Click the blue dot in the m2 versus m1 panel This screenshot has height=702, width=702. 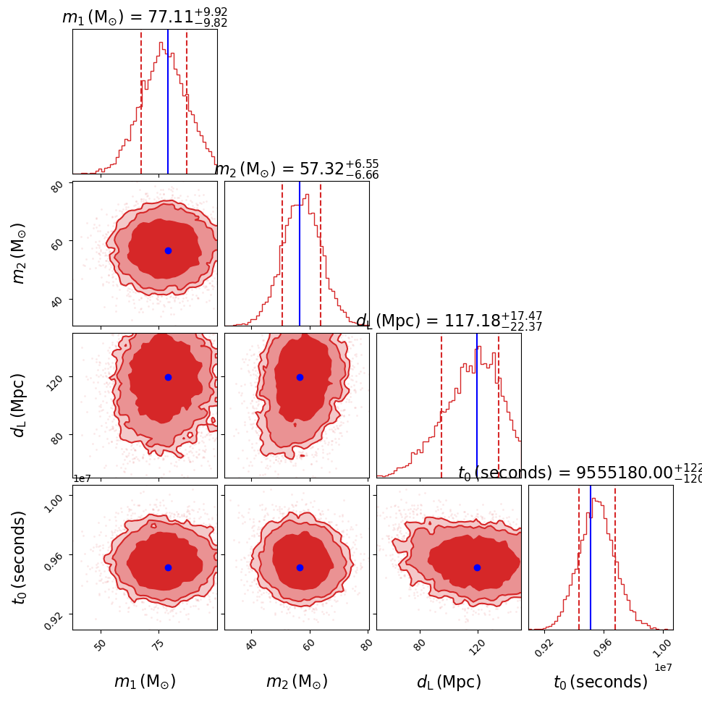[x=168, y=250]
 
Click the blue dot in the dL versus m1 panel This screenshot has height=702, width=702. [x=168, y=377]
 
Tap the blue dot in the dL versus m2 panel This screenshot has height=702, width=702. [x=300, y=377]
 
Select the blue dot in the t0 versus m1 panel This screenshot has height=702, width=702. [x=168, y=567]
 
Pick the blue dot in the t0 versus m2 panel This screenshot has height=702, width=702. [x=300, y=567]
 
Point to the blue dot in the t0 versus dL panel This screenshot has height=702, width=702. [x=477, y=567]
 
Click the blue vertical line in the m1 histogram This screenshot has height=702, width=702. [x=168, y=101]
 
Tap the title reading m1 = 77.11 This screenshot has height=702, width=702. [x=145, y=17]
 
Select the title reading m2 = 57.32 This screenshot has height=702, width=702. [x=297, y=169]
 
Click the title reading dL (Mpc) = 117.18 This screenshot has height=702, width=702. [x=449, y=321]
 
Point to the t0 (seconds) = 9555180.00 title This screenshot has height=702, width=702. [x=579, y=473]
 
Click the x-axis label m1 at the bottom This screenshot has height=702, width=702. [x=145, y=682]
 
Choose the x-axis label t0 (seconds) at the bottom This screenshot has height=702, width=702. [x=601, y=682]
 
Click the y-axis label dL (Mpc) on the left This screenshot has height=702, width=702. [x=19, y=405]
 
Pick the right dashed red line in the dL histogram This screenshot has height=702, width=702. [x=499, y=405]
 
